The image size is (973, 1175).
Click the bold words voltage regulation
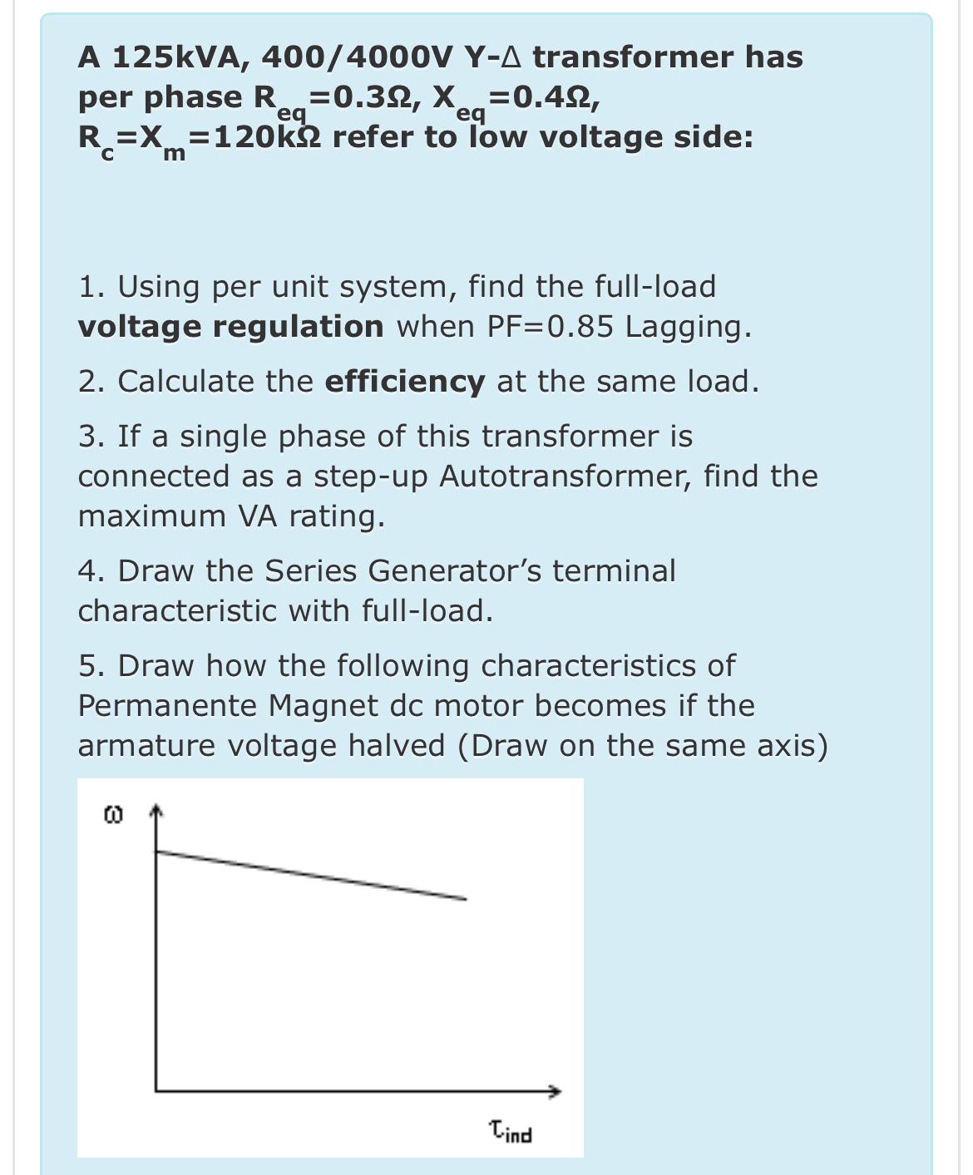230,327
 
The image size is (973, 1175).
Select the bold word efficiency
404,382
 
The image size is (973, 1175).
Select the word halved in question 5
396,746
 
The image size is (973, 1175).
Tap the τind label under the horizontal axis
511,1132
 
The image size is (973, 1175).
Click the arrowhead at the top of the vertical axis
156,811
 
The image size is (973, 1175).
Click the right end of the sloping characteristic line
465,898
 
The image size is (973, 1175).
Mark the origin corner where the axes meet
156,1091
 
